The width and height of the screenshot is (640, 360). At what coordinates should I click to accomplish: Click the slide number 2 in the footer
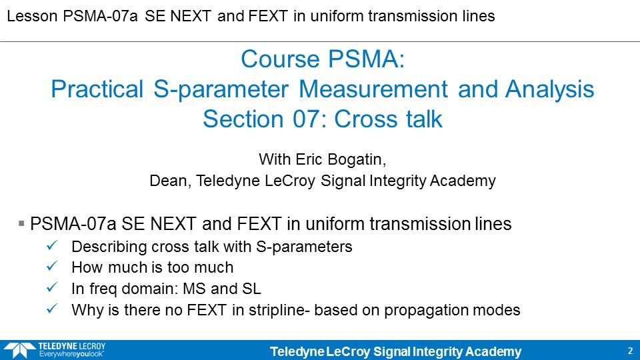tap(630, 351)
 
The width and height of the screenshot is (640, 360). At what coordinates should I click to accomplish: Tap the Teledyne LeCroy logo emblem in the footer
tap(19, 350)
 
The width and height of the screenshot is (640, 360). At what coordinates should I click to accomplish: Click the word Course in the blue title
tap(280, 59)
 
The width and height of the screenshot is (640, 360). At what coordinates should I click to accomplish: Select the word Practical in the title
tap(97, 89)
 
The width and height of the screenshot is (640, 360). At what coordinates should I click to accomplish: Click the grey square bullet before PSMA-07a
tap(21, 223)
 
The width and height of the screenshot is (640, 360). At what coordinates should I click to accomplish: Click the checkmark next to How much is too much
tap(52, 266)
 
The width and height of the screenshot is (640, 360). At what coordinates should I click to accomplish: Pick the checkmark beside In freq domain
tap(52, 287)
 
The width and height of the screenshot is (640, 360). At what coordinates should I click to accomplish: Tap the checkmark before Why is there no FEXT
tap(52, 309)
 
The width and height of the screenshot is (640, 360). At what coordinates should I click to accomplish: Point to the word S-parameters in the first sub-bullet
tap(304, 247)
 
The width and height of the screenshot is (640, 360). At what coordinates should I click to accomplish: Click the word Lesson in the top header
tap(32, 16)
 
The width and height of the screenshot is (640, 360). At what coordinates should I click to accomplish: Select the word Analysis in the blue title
tap(549, 89)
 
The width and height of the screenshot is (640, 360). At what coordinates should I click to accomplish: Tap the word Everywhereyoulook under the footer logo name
tap(71, 354)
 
